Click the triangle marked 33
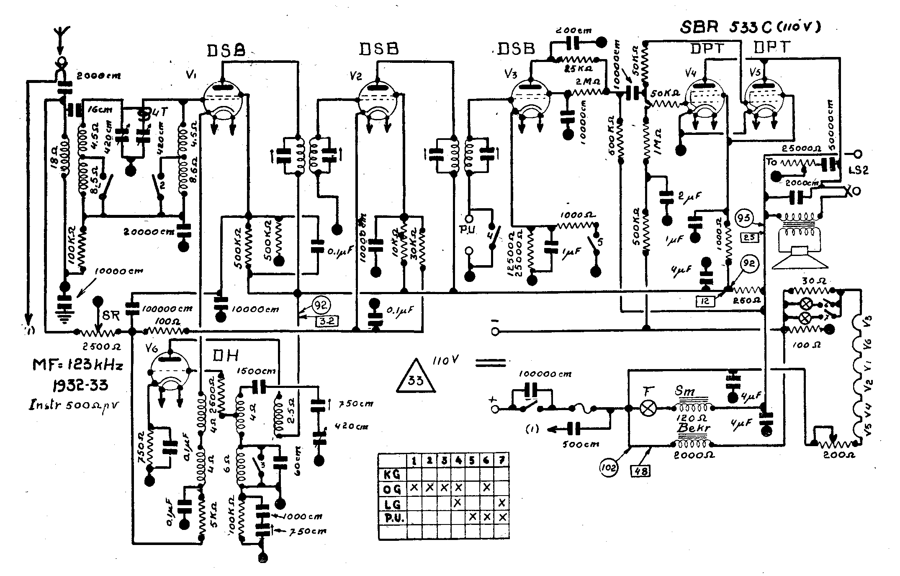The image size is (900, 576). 416,377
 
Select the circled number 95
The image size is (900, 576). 744,218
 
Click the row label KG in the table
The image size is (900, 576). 392,474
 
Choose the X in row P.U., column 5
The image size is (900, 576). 472,517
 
